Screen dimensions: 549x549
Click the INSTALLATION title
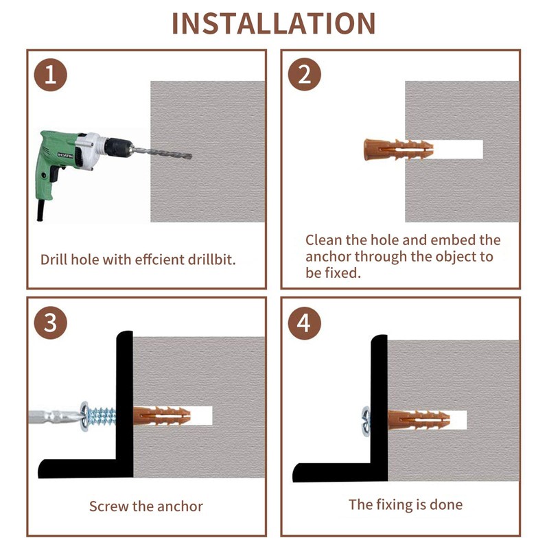[274, 23]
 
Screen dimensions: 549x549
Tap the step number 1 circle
[50, 74]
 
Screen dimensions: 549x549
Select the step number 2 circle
[304, 74]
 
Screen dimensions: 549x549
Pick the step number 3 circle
[50, 323]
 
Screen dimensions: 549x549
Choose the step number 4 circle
[304, 323]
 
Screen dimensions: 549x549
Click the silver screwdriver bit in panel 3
[51, 415]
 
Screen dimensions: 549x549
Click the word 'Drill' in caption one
[55, 260]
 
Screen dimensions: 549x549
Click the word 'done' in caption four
[446, 505]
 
